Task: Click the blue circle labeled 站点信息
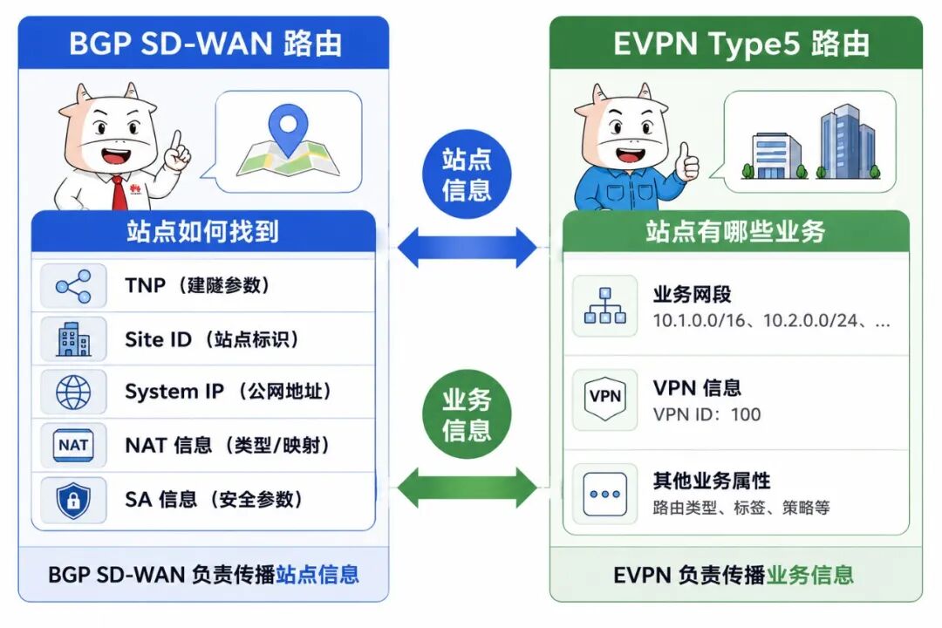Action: coord(466,174)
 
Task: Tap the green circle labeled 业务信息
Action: coord(466,414)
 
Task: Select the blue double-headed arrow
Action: coord(467,247)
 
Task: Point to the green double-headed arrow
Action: coord(467,488)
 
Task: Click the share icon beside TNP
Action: coord(73,286)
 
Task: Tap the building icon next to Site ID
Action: coord(73,339)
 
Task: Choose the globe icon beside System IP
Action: coord(73,392)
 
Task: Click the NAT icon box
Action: coord(73,446)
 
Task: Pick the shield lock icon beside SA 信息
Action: coord(73,500)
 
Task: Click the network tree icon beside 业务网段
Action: coord(605,306)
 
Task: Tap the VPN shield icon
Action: coord(605,398)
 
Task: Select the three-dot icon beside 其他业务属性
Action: coord(605,494)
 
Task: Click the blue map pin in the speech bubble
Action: coord(289,128)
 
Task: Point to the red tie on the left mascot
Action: coord(120,192)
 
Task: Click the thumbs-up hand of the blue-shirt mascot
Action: coord(686,162)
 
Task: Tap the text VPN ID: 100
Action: coord(706,414)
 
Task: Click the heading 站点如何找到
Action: coord(202,231)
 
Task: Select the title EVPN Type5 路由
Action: coord(741,44)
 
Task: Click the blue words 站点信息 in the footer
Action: coord(317,575)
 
